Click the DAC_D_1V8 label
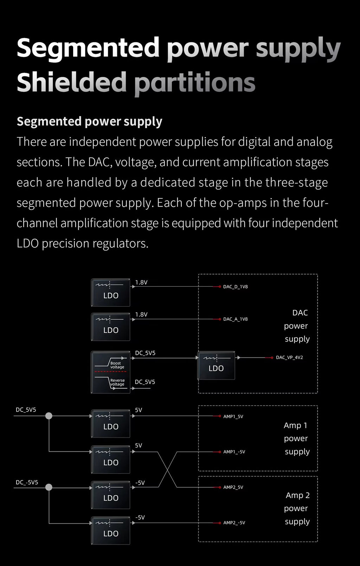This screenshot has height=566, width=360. [x=235, y=287]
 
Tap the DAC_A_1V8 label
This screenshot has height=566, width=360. [x=235, y=319]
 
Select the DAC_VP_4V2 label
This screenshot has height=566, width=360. [x=289, y=357]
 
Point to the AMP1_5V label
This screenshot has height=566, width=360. [x=233, y=416]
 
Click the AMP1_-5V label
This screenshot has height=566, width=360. [x=234, y=452]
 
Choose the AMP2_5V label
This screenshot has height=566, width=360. [x=233, y=487]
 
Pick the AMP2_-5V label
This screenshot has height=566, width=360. [x=234, y=522]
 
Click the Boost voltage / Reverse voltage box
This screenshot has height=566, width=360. [x=111, y=372]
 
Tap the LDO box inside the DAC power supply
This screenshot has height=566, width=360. [x=216, y=365]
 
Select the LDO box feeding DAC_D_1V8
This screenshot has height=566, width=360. [x=111, y=292]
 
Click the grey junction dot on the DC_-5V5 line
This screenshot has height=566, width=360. [x=49, y=487]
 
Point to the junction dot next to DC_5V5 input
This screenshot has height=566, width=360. [x=49, y=416]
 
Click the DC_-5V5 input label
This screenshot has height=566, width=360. [x=27, y=482]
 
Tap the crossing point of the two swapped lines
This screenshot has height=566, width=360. [x=168, y=470]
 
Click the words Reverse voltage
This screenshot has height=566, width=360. [x=117, y=382]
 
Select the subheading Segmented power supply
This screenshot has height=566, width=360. [x=89, y=122]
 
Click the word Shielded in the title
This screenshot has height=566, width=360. [x=71, y=82]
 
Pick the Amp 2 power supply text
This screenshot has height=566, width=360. [x=297, y=508]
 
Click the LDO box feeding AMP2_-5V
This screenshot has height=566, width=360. [x=111, y=530]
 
